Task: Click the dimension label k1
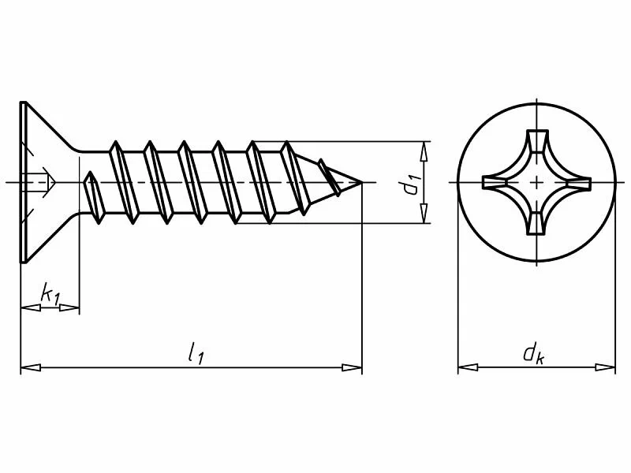(x=50, y=294)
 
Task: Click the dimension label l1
(x=196, y=352)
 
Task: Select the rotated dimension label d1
(x=413, y=184)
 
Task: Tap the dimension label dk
(x=534, y=353)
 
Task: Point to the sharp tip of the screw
(x=361, y=183)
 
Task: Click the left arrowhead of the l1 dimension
(x=31, y=367)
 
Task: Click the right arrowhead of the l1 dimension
(x=352, y=367)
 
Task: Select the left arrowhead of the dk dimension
(x=468, y=367)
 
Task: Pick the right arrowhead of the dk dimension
(x=605, y=367)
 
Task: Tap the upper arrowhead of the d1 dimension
(x=424, y=151)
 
